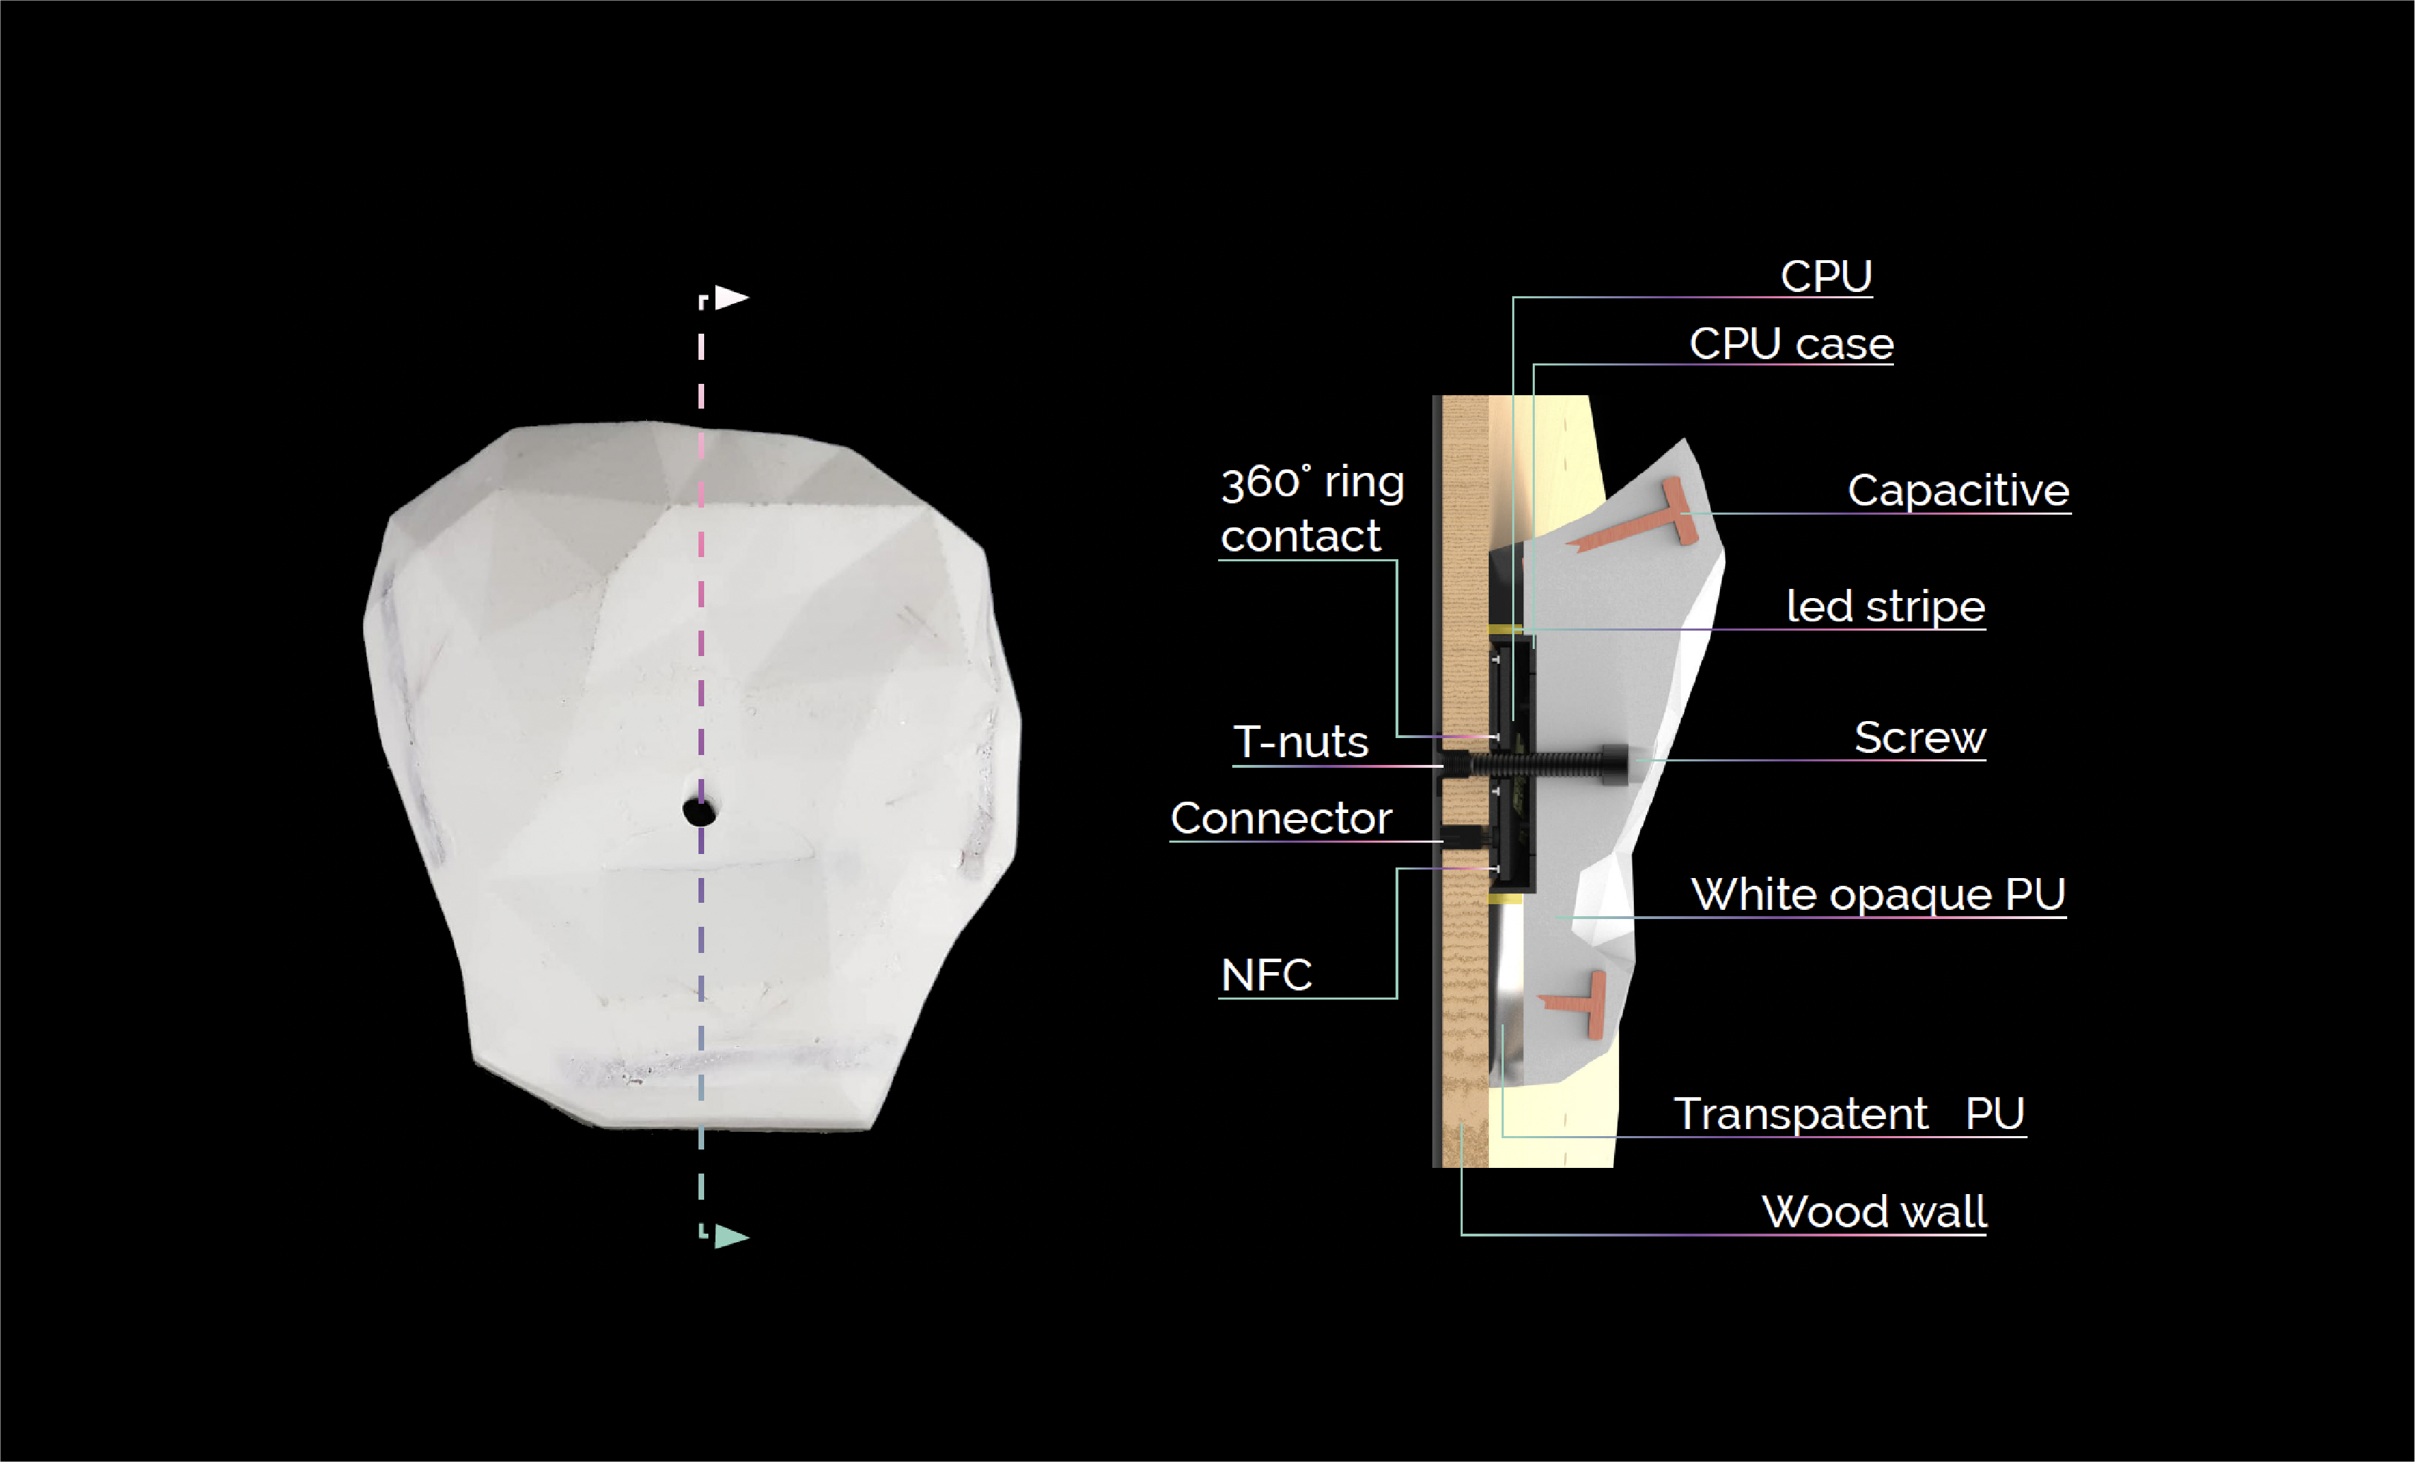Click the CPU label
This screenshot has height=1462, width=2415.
(1826, 276)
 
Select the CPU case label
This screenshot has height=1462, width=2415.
(1791, 344)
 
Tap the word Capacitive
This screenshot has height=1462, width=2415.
(1958, 490)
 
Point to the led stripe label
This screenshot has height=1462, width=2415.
(1885, 607)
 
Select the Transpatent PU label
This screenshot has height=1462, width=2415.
(1849, 1114)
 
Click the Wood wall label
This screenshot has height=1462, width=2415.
(1874, 1212)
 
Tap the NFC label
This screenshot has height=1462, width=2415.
(1266, 975)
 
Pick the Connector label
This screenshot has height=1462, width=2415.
(1281, 818)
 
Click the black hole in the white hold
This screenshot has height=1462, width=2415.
(698, 812)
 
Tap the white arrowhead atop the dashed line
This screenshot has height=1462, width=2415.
(731, 297)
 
